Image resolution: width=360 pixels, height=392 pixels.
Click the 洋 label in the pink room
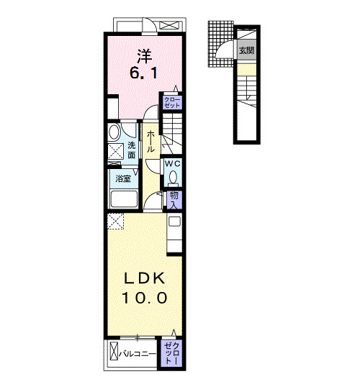145,56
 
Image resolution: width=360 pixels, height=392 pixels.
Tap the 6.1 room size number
143,73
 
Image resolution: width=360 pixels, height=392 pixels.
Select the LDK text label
145,278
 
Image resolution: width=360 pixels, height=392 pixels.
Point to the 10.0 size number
144,298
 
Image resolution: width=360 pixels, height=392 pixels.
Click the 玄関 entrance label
246,50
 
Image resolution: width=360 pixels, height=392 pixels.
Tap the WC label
172,164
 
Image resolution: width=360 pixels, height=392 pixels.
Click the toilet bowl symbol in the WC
173,177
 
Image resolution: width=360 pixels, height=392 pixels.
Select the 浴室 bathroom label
123,179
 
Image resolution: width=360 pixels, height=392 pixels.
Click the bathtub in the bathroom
124,199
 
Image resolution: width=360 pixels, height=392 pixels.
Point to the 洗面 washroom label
131,150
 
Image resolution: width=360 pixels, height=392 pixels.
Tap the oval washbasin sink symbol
114,132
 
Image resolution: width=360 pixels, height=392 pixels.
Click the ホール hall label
150,142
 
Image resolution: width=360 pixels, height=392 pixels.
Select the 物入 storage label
174,200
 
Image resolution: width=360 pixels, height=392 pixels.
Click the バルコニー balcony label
138,354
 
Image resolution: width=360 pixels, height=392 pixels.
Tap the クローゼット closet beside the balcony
171,353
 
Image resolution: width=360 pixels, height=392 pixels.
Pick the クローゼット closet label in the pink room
172,103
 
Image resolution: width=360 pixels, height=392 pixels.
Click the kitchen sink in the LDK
174,222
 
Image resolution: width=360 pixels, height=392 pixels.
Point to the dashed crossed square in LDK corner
115,222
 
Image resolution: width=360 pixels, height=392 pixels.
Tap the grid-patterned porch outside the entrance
220,44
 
